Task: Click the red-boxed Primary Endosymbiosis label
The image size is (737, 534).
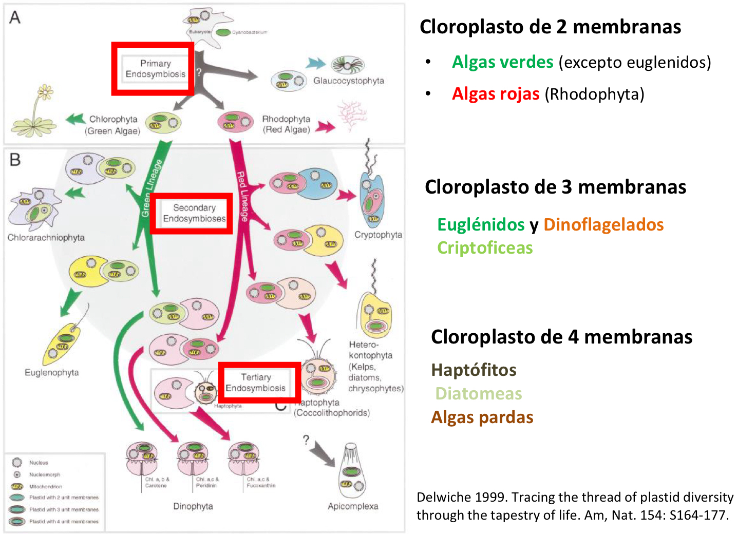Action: [x=153, y=69]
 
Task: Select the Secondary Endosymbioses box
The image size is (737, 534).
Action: [x=192, y=213]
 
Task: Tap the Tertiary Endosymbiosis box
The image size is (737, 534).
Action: [x=259, y=383]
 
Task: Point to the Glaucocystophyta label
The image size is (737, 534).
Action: [x=348, y=81]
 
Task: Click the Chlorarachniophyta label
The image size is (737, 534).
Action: [x=46, y=238]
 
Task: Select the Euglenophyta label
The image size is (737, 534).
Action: [x=51, y=372]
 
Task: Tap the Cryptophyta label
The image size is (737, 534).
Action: [x=378, y=235]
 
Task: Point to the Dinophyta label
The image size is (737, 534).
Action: [x=193, y=506]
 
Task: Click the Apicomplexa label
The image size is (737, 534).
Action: [x=353, y=506]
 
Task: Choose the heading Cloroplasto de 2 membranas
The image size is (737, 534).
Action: [x=550, y=27]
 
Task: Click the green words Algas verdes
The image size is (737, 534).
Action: [x=502, y=62]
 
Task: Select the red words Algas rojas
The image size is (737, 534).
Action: [x=495, y=94]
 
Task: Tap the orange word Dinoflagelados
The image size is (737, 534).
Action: [x=603, y=224]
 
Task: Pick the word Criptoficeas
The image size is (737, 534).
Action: [x=485, y=248]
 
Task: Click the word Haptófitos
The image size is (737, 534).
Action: [x=474, y=370]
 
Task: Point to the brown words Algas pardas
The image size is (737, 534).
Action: [x=482, y=417]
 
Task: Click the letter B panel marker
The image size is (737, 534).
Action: [x=15, y=160]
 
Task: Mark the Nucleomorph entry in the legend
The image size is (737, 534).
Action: [x=44, y=474]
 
